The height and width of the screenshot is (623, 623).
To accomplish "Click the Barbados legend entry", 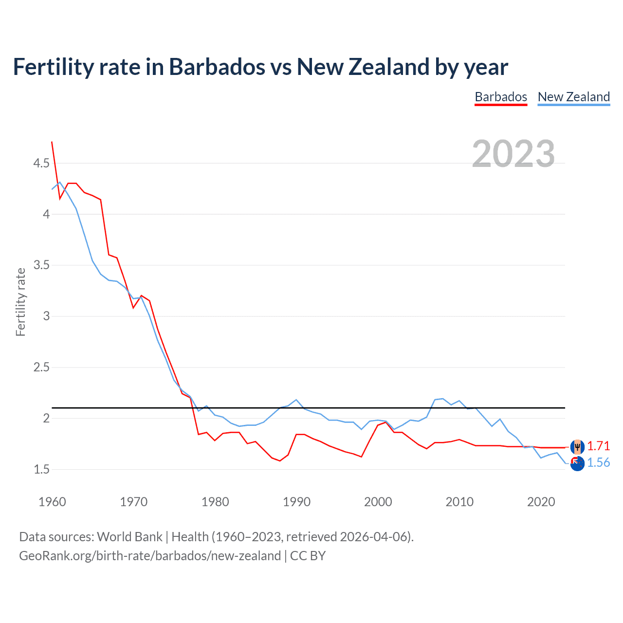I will tap(501, 97).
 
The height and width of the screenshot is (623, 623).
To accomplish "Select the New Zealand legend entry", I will tap(573, 97).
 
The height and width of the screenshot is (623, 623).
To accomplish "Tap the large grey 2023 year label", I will tap(513, 154).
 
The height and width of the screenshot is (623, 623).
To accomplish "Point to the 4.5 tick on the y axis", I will tap(41, 163).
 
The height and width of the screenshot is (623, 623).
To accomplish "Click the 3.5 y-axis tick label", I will tap(41, 265).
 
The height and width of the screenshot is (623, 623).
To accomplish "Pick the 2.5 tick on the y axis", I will tap(41, 367).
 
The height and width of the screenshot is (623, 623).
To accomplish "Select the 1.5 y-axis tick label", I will tap(41, 470).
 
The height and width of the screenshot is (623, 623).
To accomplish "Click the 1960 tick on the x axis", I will tap(52, 502).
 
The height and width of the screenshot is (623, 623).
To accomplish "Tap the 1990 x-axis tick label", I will tap(296, 502).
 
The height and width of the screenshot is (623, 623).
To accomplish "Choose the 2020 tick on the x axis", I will tap(541, 502).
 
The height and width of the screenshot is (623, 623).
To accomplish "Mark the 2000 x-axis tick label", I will tap(378, 502).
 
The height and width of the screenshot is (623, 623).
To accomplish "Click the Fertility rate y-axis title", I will tap(20, 302).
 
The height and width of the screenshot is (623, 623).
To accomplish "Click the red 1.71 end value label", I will tap(598, 446).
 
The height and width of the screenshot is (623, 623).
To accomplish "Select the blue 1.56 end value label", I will tap(598, 462).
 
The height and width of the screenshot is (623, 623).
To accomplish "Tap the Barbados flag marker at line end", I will tap(577, 446).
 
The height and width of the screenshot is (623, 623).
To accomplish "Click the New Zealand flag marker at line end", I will tap(577, 464).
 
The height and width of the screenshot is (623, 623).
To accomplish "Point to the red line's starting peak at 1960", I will tap(52, 142).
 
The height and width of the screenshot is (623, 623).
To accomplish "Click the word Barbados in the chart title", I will tap(217, 67).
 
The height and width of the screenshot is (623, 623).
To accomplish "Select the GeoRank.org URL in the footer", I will tap(150, 556).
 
